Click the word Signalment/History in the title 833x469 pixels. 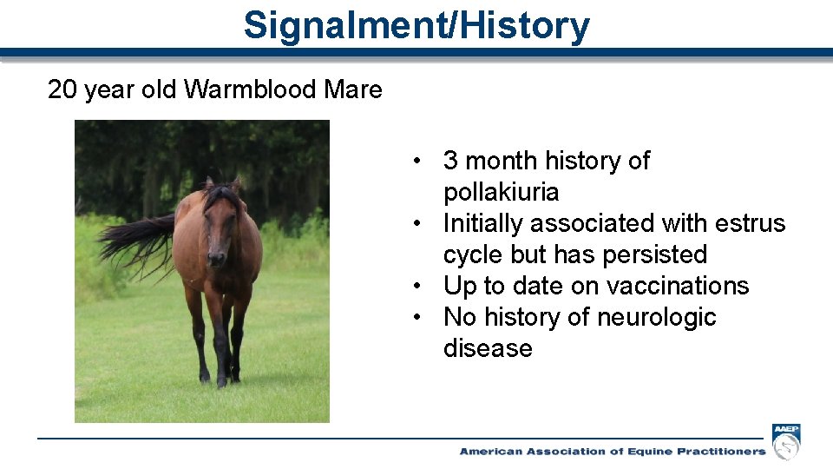point(416,25)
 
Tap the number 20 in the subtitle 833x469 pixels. point(62,89)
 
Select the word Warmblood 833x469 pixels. point(250,89)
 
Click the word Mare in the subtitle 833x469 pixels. point(353,89)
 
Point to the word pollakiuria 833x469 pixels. point(501,192)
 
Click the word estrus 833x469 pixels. point(750,223)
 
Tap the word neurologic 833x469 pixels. point(657,318)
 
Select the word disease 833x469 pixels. point(488,348)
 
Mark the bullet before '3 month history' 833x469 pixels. point(417,161)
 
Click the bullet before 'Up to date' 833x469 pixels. point(417,286)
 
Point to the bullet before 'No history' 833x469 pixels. point(417,318)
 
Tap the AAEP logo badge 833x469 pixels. point(786,441)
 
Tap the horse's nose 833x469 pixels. point(216,258)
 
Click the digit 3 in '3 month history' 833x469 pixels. point(450,161)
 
